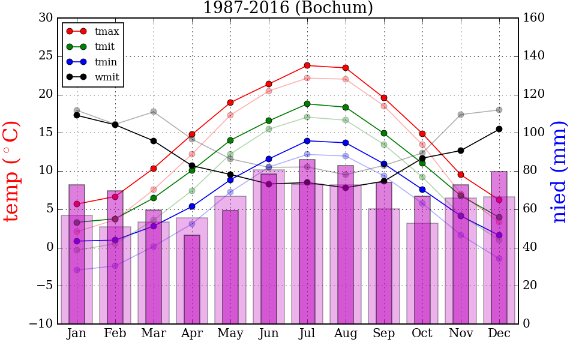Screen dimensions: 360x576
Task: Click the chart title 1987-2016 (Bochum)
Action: pos(287,8)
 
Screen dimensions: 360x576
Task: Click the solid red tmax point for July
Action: pos(307,65)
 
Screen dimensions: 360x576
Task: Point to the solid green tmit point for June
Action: pos(269,121)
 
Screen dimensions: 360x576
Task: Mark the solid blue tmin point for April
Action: pos(192,206)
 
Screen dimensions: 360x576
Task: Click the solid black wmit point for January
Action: pos(77,115)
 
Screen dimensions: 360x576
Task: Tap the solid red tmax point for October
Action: pos(422,134)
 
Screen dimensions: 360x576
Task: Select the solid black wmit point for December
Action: pos(499,129)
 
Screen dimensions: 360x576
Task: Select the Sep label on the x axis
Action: pos(384,334)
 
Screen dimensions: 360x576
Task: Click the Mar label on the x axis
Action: pos(154,334)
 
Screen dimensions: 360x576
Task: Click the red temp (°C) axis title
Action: pos(12,171)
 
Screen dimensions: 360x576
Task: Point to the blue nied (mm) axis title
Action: pos(559,171)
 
